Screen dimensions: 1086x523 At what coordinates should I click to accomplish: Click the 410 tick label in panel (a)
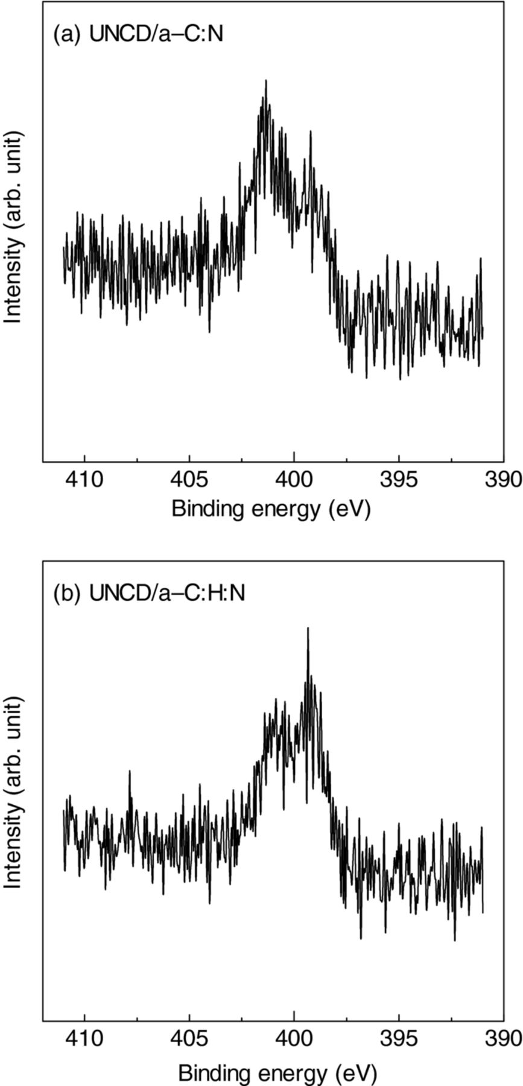[x=84, y=480]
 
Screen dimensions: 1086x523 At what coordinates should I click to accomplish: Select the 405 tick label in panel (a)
[x=189, y=480]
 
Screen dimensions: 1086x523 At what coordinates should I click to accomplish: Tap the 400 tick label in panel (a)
[x=294, y=480]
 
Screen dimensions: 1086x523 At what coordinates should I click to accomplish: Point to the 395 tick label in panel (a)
[x=399, y=480]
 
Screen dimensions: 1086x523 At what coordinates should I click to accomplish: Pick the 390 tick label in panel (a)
[x=504, y=480]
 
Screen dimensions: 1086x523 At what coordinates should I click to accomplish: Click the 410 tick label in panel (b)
[x=84, y=1038]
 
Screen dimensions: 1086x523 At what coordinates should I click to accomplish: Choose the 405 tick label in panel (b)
[x=189, y=1038]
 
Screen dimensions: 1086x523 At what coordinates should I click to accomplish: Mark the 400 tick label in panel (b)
[x=294, y=1038]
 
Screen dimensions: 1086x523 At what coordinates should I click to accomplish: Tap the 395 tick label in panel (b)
[x=399, y=1038]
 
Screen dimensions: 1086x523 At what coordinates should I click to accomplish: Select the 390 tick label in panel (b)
[x=504, y=1038]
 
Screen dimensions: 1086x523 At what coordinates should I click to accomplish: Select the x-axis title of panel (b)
[x=277, y=1069]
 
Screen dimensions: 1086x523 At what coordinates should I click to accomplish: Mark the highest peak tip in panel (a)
[x=265, y=80]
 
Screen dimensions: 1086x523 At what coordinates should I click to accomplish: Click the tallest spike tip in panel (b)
[x=308, y=628]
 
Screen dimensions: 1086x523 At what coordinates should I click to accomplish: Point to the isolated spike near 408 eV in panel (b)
[x=130, y=771]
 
